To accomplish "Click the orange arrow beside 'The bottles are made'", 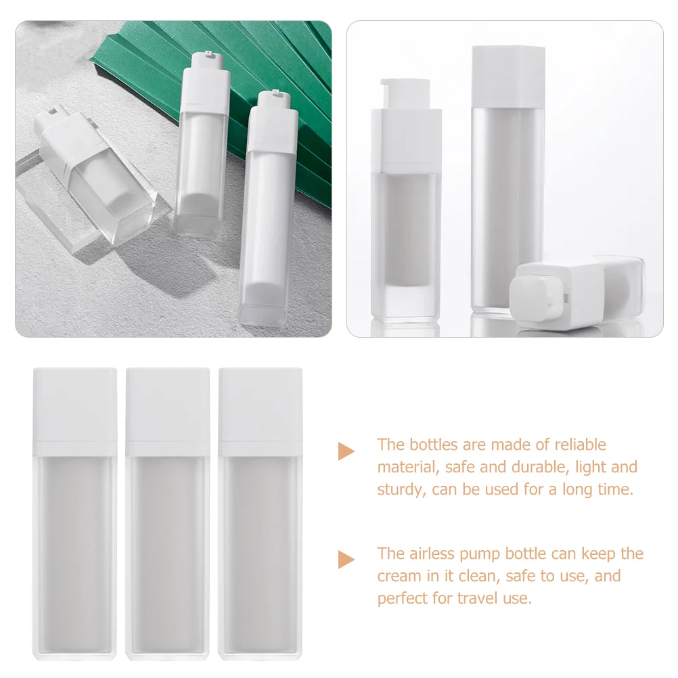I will click(x=346, y=451).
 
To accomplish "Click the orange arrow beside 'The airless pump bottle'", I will click(x=346, y=560).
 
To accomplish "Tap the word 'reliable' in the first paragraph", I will click(x=580, y=445).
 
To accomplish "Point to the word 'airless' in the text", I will click(x=434, y=553).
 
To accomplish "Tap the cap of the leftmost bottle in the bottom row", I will click(x=75, y=410).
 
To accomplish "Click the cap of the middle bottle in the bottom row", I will click(x=168, y=410).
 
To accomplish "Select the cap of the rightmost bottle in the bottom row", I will click(x=261, y=410).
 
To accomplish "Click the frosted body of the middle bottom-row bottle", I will click(x=168, y=555).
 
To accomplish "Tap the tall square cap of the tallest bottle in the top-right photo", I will click(x=508, y=74).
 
